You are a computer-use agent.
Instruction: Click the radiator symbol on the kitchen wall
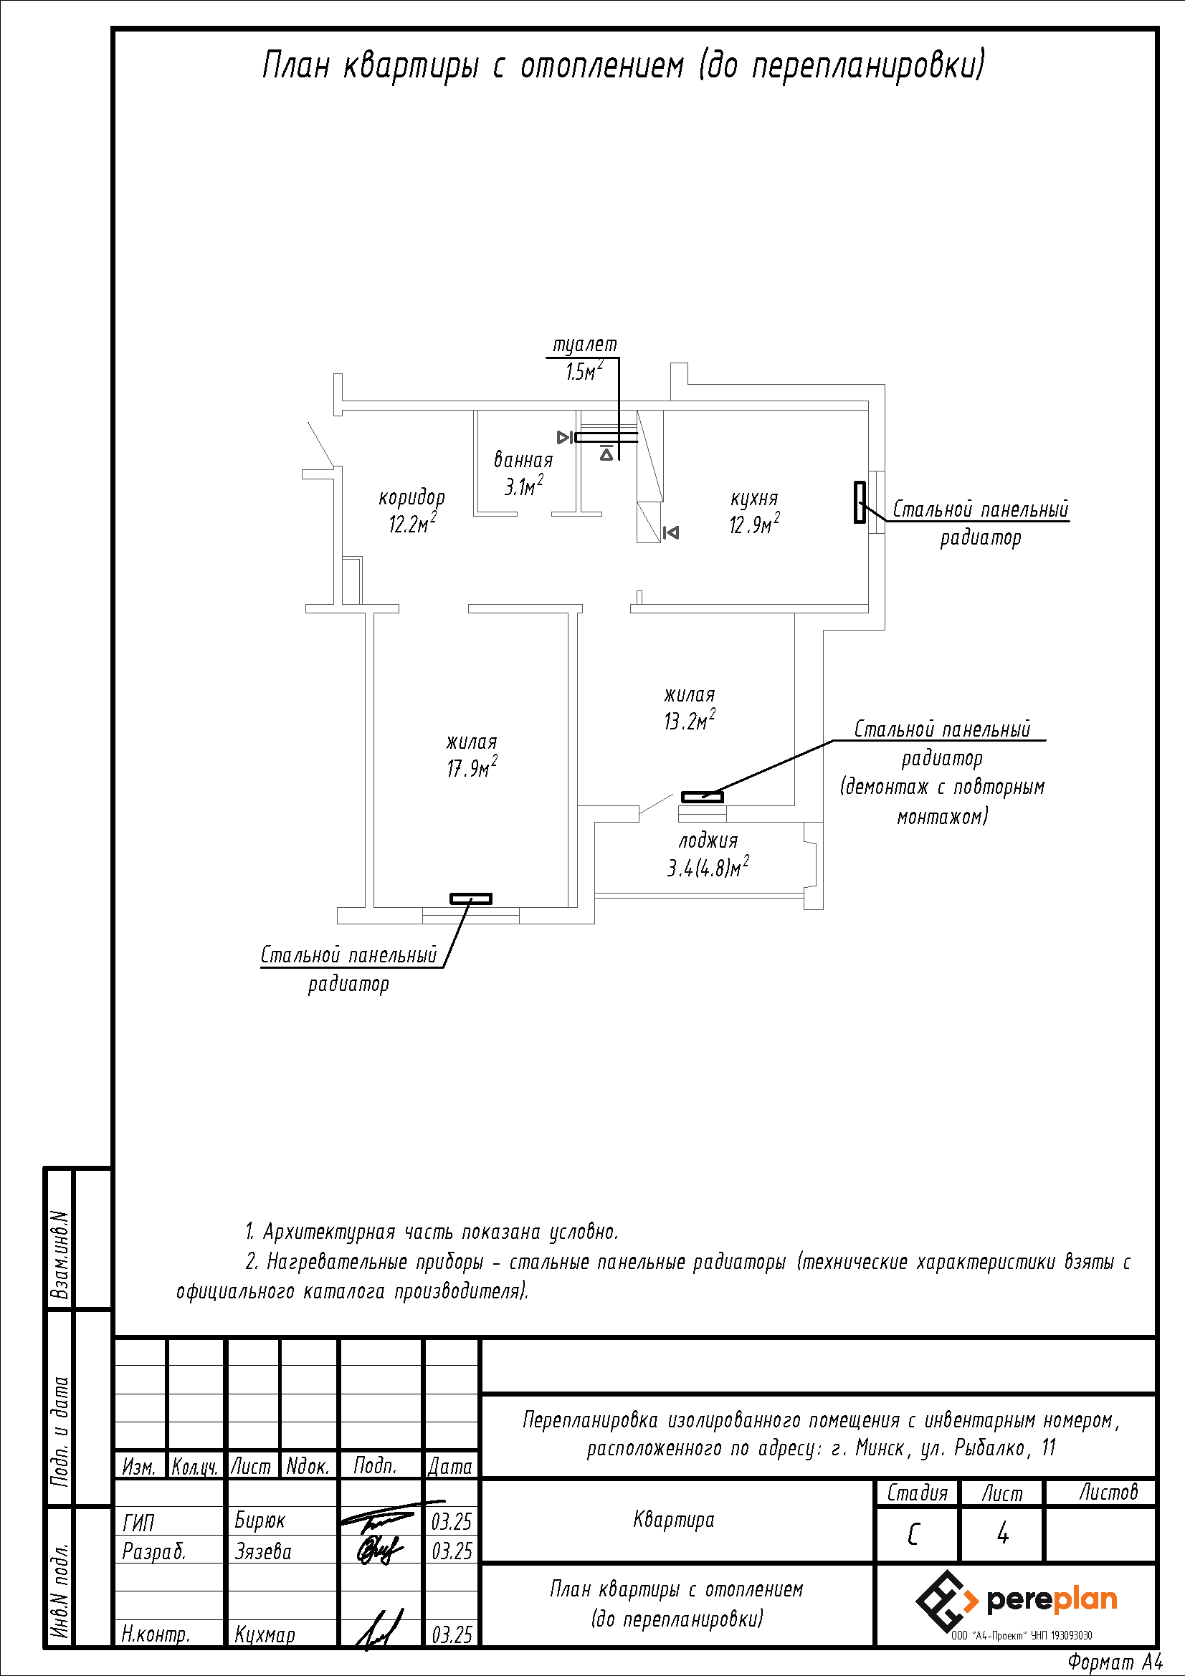(860, 502)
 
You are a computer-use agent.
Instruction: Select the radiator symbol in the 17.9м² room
(470, 899)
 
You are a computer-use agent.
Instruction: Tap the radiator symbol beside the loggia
(703, 796)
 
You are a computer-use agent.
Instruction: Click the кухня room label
(754, 499)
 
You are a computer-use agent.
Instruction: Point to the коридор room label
(411, 497)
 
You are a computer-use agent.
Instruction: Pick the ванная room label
(523, 460)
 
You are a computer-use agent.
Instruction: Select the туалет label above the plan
(584, 345)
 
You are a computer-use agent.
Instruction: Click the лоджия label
(708, 841)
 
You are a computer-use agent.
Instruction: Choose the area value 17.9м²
(472, 767)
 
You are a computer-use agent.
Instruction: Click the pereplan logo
(1017, 1601)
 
